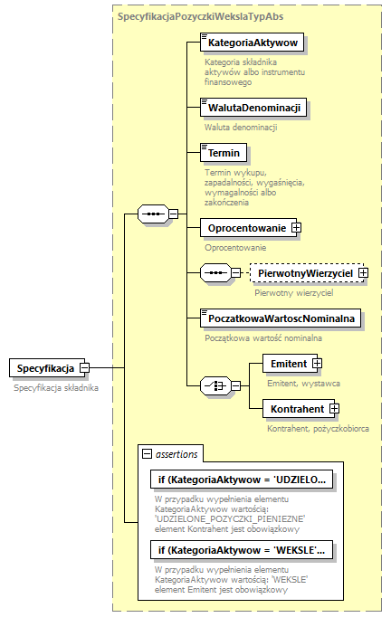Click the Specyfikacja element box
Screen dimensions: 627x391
tap(44, 368)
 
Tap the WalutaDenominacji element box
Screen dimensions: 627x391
tap(252, 108)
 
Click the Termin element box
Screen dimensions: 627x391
tap(223, 154)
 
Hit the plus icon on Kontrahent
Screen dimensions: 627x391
tap(334, 409)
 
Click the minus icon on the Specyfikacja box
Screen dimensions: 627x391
tap(84, 368)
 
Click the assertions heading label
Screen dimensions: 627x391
tap(176, 453)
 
